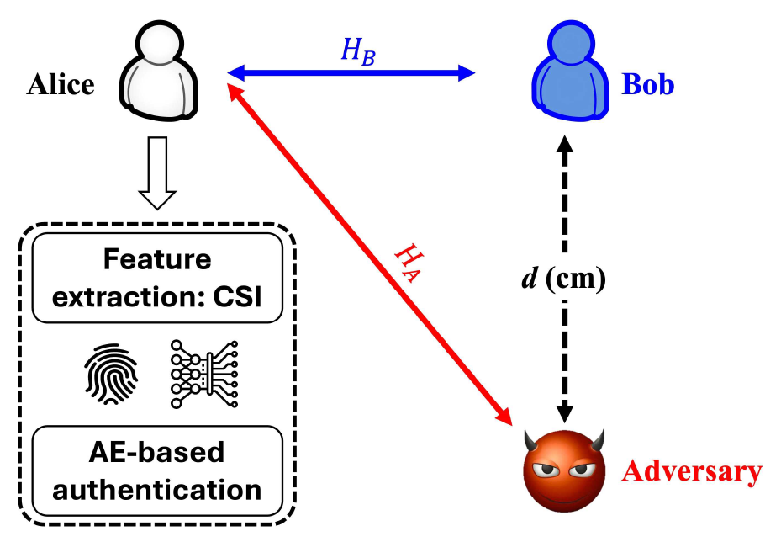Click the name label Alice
click(x=61, y=84)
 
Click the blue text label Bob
click(x=647, y=84)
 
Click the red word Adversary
click(x=692, y=471)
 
